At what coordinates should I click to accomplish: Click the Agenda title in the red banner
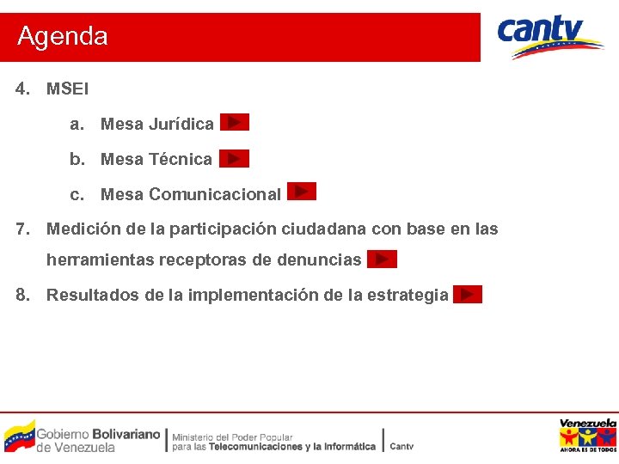pos(63,36)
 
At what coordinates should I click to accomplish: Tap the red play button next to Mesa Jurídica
pos(234,123)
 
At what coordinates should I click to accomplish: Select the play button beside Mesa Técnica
pos(234,158)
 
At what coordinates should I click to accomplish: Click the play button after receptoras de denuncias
pos(382,259)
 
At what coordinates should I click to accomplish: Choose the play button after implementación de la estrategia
pos(467,295)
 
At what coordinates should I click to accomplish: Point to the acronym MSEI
pos(67,89)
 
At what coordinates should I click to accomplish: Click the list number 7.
pos(22,229)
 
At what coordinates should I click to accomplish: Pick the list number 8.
pos(22,295)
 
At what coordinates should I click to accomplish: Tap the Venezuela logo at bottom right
pos(587,435)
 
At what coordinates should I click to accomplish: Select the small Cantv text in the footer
pos(401,446)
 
